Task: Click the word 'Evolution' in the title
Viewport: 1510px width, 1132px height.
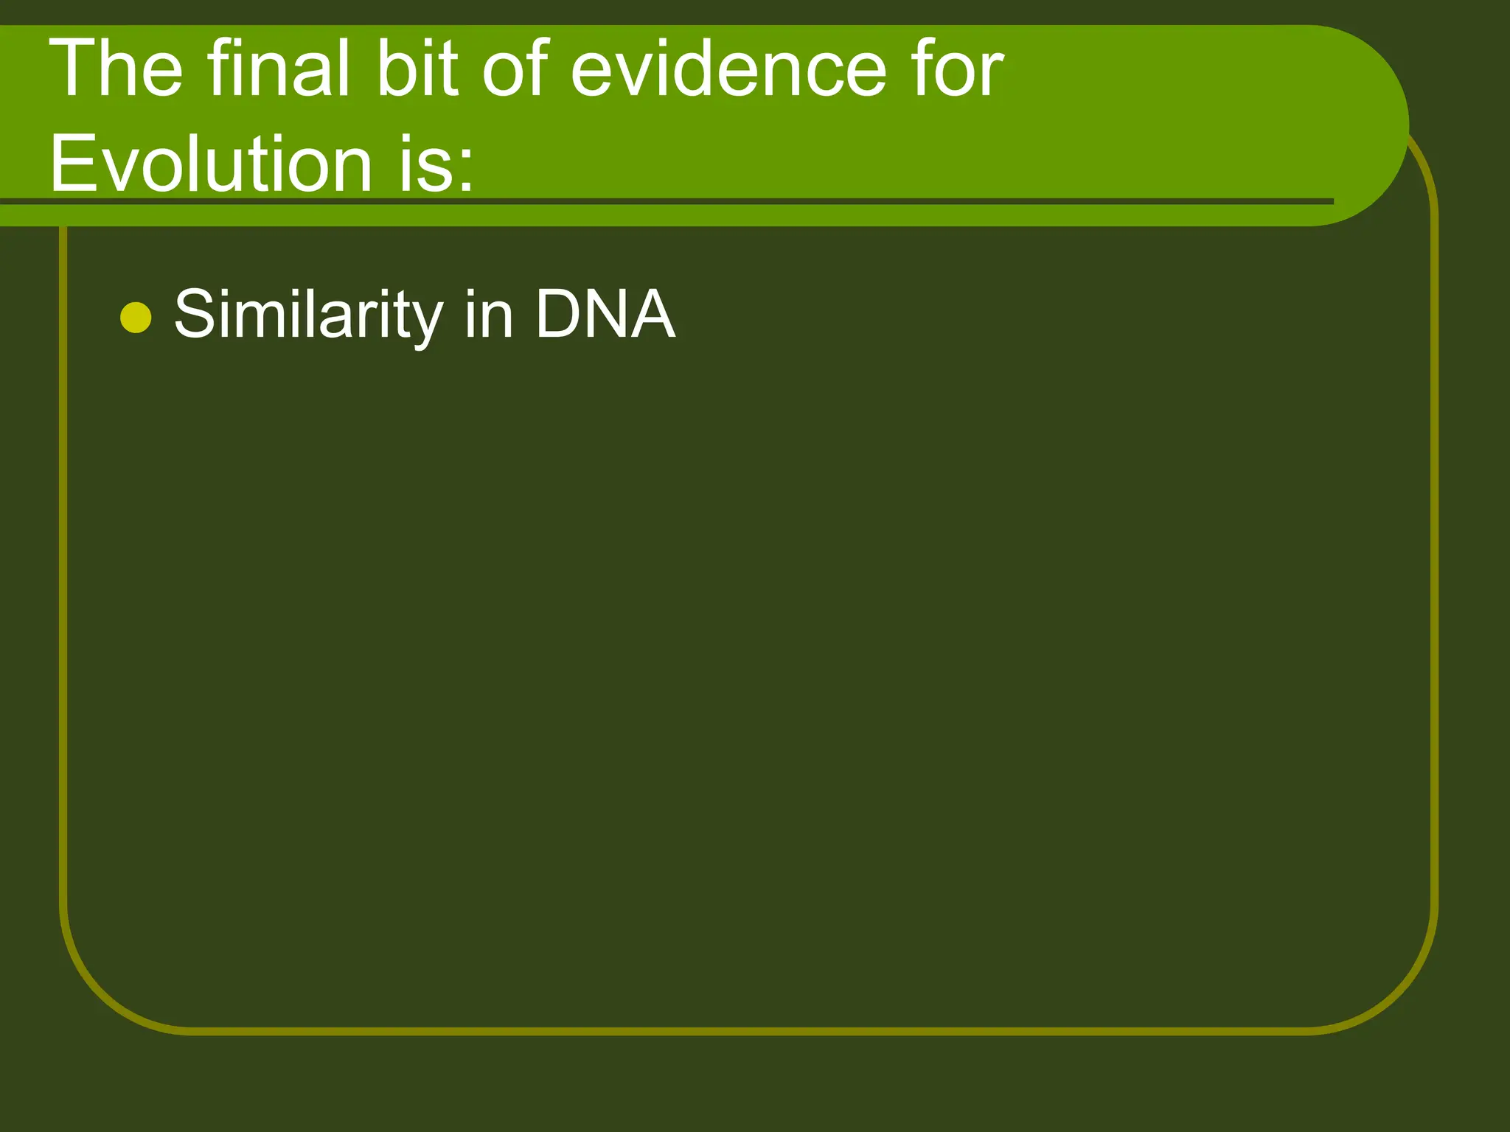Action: pyautogui.click(x=210, y=163)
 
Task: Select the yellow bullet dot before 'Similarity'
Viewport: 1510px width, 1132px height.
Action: pyautogui.click(x=136, y=318)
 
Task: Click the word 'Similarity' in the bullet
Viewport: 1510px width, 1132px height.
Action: pyautogui.click(x=308, y=315)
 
